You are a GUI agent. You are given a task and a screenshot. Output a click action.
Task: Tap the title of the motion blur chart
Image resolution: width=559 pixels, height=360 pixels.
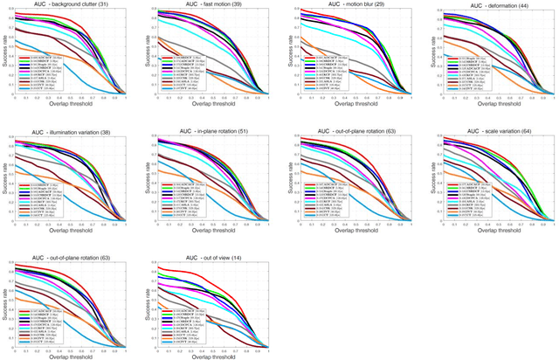[349, 4]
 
